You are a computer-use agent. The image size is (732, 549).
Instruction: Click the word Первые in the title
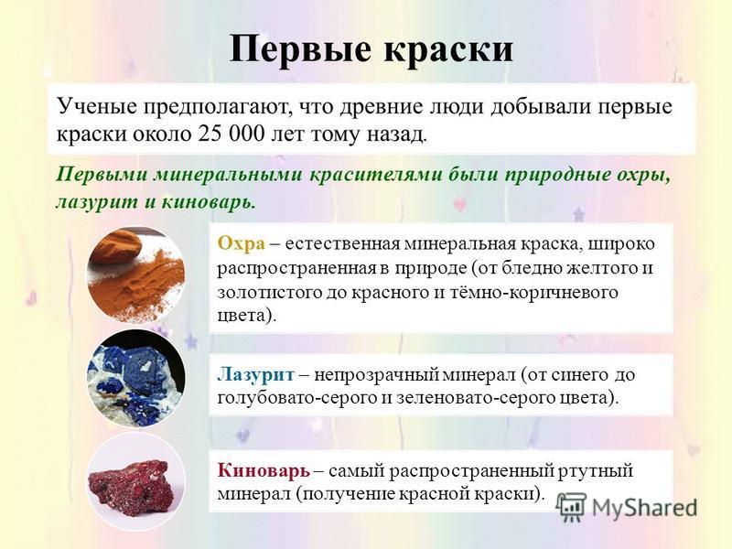coord(301,49)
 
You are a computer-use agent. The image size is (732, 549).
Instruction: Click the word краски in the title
coord(448,49)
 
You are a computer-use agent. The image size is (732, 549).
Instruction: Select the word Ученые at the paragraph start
coord(97,106)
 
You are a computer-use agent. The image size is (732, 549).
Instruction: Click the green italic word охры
coord(643,176)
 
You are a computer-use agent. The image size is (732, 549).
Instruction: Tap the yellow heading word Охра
coord(242,243)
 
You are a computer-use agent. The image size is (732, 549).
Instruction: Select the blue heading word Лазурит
coord(256,374)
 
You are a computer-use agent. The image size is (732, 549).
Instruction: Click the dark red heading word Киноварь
coord(264,470)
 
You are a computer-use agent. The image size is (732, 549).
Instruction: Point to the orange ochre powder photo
coord(135,275)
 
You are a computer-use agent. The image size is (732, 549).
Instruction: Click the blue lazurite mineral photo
coord(135,378)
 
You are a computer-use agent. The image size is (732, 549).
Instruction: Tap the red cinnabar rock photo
coord(135,481)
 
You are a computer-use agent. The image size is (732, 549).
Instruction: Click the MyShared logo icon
coord(571,507)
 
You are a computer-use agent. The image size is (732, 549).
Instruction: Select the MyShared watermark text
coord(644,508)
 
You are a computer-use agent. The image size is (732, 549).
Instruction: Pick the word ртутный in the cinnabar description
coord(596,470)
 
